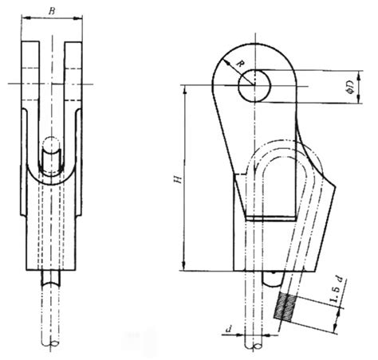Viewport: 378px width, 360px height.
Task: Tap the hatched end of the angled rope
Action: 285,307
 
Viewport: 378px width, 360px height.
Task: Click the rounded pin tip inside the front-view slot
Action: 51,146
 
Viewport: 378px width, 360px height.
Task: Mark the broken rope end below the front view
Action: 53,342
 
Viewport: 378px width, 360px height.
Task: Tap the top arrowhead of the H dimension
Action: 185,87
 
